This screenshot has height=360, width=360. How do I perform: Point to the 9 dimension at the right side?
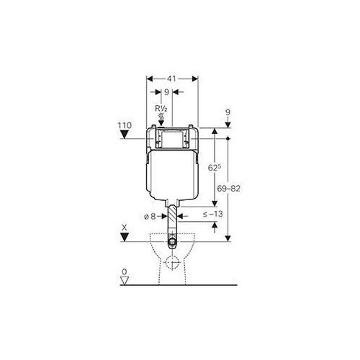(228, 112)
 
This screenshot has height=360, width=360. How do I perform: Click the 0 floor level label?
(124, 273)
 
